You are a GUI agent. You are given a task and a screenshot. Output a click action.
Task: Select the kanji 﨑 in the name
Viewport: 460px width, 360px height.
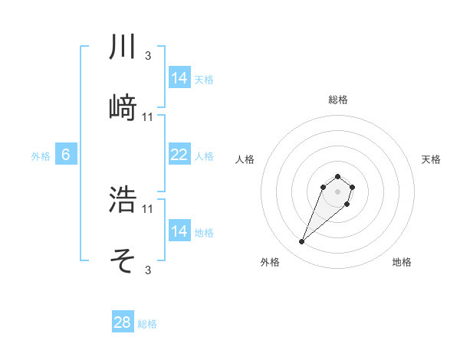[123, 108]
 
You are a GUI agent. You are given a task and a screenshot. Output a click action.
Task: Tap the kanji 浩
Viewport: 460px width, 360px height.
[123, 200]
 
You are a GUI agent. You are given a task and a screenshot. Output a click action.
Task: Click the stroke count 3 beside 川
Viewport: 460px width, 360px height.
[147, 56]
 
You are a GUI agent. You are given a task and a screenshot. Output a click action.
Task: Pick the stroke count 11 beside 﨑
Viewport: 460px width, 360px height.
[148, 117]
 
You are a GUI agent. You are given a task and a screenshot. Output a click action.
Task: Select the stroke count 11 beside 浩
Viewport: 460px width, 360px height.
[148, 208]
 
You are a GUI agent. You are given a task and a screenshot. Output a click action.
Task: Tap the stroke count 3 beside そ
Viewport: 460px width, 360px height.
[147, 270]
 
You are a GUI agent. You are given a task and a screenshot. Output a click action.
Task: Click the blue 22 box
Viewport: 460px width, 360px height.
[179, 155]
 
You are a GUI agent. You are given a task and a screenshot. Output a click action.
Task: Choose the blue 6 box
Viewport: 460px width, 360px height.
[66, 155]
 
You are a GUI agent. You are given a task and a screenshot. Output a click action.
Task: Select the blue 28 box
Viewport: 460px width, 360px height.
[123, 322]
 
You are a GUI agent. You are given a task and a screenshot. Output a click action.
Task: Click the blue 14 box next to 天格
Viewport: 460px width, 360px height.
[179, 78]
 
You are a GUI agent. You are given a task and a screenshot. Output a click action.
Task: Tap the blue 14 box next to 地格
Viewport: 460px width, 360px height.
[179, 231]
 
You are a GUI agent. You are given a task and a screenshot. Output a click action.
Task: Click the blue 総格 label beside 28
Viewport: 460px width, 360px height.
[147, 324]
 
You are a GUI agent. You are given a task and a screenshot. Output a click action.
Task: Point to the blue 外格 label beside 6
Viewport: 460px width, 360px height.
[41, 156]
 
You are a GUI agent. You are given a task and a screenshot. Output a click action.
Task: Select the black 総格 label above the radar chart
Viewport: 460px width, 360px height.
[337, 100]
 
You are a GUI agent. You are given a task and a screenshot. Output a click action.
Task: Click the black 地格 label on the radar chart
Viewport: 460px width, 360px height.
[402, 262]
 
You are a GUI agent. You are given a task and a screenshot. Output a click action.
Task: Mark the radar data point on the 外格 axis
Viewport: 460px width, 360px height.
[301, 242]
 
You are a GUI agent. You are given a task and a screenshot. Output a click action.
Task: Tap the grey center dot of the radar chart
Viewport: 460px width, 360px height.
[337, 191]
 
